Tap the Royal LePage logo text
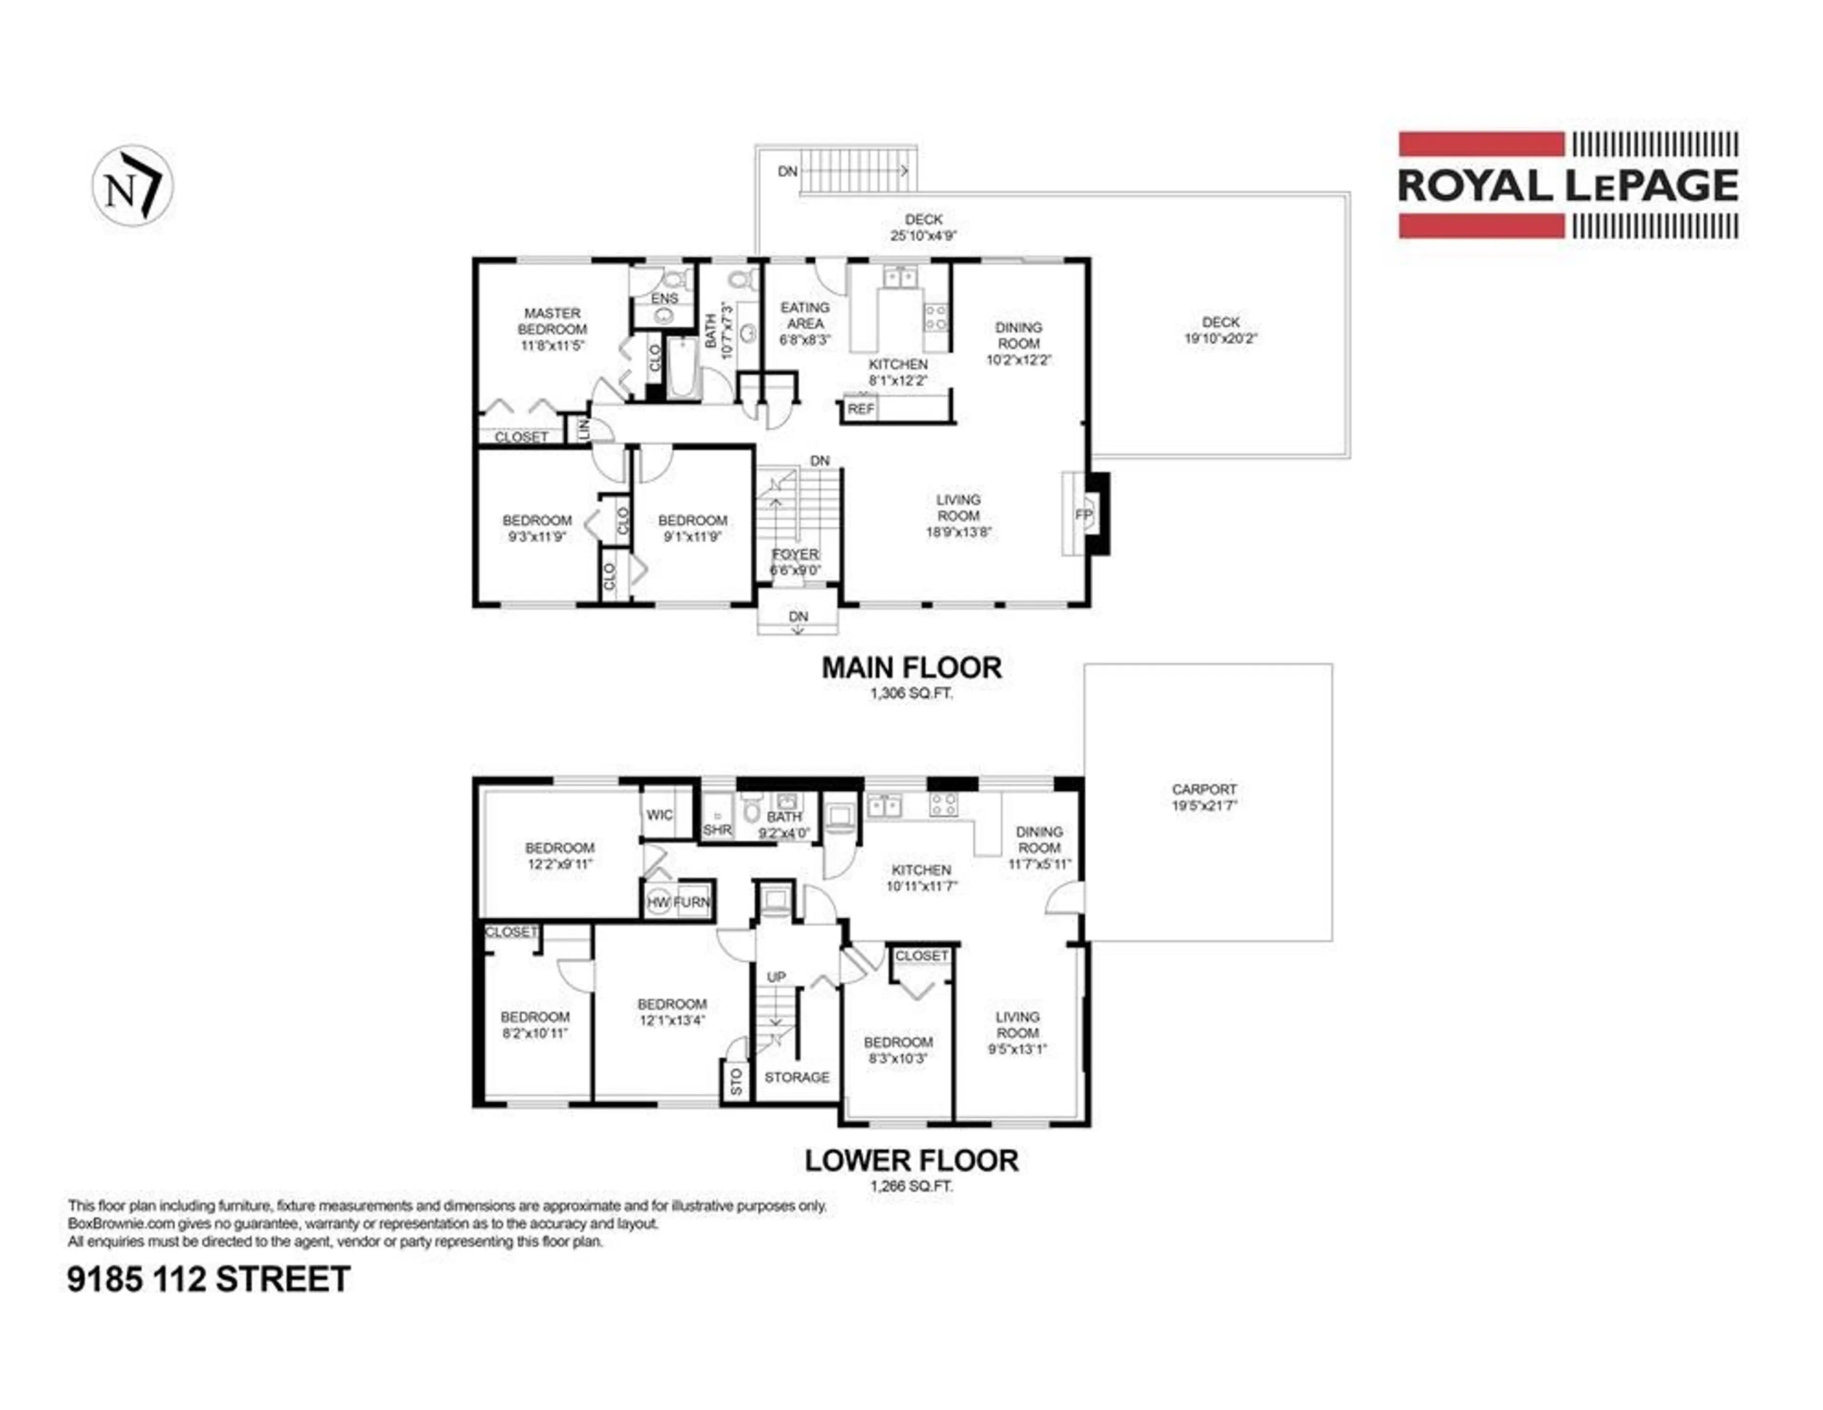tap(1568, 185)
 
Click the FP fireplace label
tap(1083, 515)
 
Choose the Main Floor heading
tap(911, 668)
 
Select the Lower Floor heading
tap(911, 1160)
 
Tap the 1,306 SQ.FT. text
tap(911, 693)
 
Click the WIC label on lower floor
tap(659, 815)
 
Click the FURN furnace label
tap(692, 902)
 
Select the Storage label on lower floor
tap(797, 1077)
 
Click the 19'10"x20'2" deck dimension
tap(1221, 339)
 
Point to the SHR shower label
tap(717, 830)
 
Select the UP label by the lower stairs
tap(776, 977)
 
